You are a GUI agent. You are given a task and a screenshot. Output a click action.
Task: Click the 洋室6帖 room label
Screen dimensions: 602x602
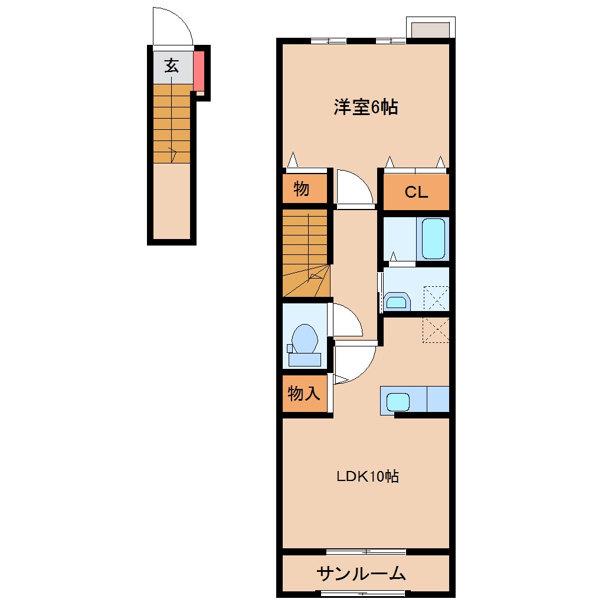pos(365,107)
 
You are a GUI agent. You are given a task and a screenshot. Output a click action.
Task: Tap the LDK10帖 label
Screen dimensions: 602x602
pos(368,476)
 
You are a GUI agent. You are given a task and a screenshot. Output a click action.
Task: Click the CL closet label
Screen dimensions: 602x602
pos(416,192)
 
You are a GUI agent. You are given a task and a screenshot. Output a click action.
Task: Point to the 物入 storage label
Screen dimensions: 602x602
pos(304,393)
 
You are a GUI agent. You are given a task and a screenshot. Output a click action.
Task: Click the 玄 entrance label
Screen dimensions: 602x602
pos(172,66)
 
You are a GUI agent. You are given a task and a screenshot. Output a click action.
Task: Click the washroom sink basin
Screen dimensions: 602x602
pos(397,303)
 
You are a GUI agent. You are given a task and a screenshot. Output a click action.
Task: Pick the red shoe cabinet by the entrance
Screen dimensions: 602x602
pos(199,68)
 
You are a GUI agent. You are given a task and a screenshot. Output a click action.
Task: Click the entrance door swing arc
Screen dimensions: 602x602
pos(173,27)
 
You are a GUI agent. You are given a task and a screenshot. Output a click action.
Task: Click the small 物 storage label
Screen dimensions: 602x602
pos(301,189)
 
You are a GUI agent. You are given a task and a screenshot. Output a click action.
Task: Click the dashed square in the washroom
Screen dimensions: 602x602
pos(437,298)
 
